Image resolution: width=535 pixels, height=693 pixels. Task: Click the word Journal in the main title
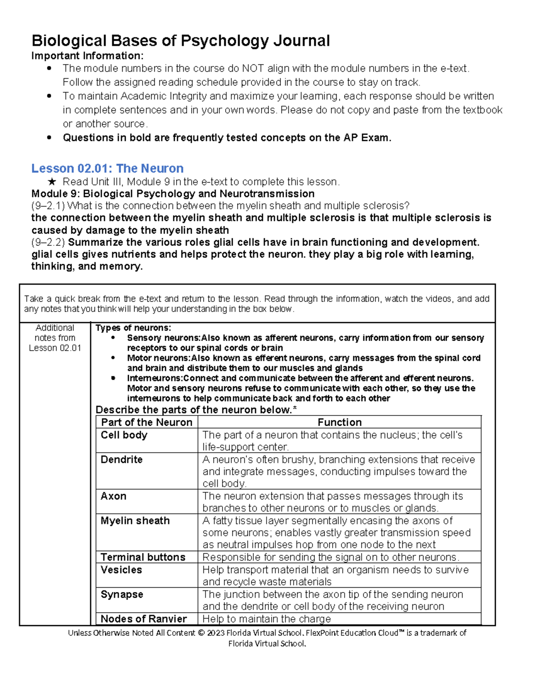[301, 41]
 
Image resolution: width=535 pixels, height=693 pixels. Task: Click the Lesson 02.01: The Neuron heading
[107, 168]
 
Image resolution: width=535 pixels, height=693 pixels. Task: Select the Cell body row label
[124, 435]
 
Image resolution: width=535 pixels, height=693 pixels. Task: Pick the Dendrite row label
[121, 460]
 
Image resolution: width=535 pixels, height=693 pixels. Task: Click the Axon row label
[113, 496]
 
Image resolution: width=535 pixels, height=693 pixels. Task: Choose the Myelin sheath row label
[135, 521]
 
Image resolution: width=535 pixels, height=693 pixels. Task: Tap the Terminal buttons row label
[143, 557]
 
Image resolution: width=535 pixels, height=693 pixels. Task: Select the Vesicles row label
[121, 570]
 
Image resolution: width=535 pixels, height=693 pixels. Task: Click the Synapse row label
[122, 594]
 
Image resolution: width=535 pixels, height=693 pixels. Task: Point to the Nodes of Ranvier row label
[144, 619]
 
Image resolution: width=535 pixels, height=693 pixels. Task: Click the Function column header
[339, 422]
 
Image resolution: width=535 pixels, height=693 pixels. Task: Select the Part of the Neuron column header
[146, 422]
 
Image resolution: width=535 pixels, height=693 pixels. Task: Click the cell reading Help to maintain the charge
[267, 619]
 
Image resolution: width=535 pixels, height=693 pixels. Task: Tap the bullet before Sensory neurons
[113, 338]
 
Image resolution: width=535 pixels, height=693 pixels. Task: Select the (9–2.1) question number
[48, 206]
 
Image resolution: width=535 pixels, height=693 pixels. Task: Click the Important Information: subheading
[87, 56]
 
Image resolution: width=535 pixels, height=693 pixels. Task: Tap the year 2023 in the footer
[215, 633]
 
